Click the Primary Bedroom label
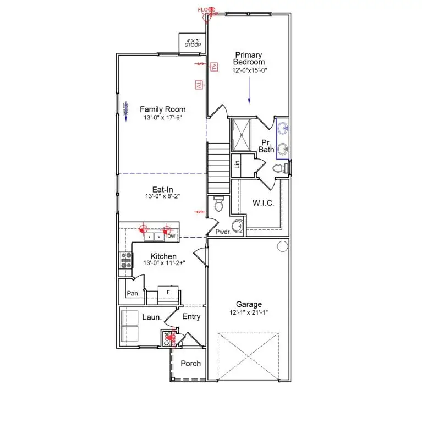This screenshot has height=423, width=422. [x=249, y=58]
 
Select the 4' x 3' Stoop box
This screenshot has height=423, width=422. [x=193, y=42]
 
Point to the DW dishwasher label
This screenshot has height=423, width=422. [x=171, y=237]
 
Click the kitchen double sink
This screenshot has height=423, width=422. [x=154, y=237]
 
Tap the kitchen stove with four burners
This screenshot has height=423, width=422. [x=126, y=260]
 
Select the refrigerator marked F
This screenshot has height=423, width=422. [x=168, y=292]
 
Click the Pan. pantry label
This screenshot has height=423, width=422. [x=133, y=294]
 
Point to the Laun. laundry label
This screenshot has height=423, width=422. [x=152, y=317]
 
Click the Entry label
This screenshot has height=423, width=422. [x=191, y=317]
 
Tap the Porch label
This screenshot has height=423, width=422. [x=191, y=364]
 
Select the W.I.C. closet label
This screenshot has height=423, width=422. [x=263, y=204]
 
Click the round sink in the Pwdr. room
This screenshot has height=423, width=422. [x=237, y=226]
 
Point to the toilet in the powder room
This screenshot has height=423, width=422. [x=218, y=204]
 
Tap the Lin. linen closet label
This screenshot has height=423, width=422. [x=237, y=163]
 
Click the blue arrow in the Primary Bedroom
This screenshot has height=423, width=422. [x=249, y=91]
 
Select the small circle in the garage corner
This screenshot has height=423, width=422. [x=283, y=246]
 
